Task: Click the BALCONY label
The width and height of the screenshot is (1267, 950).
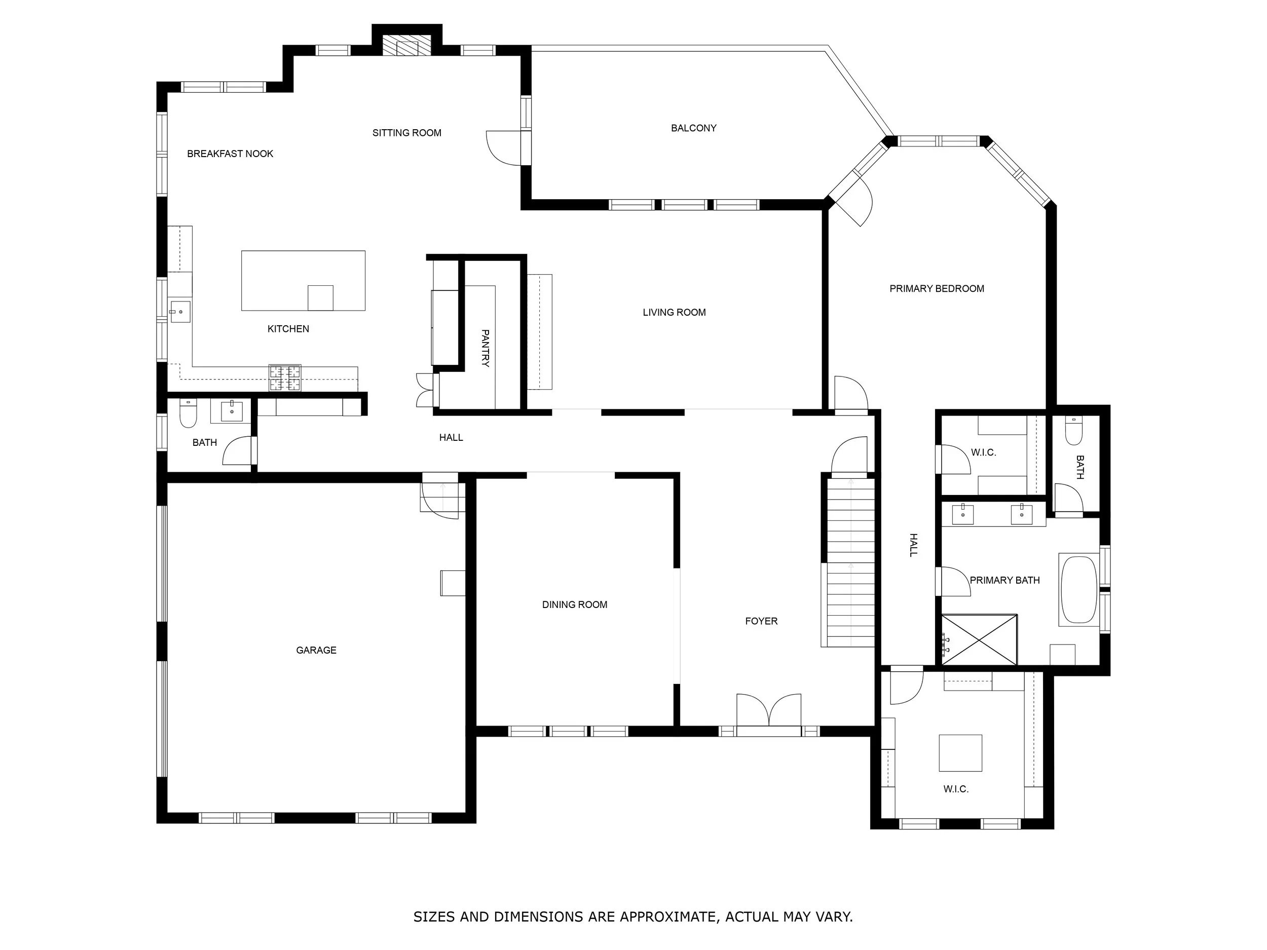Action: click(x=693, y=128)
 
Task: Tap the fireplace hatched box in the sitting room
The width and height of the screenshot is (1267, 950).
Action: click(x=406, y=46)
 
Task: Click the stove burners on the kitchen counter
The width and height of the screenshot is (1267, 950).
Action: click(x=285, y=378)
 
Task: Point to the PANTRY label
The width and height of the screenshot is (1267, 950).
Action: click(x=485, y=348)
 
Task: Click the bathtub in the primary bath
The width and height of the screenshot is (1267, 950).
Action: click(x=1078, y=590)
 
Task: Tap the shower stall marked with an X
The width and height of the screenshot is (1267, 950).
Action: click(x=979, y=639)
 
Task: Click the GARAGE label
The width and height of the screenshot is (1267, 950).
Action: click(x=316, y=650)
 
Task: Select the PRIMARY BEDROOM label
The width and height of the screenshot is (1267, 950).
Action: click(x=936, y=289)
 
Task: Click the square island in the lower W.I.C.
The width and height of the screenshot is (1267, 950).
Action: click(x=960, y=752)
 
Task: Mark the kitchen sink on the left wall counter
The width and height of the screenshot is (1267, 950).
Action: click(x=180, y=312)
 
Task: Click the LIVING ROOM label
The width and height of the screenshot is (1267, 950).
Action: click(x=674, y=313)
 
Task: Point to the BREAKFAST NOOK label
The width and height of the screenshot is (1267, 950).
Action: click(x=230, y=154)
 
